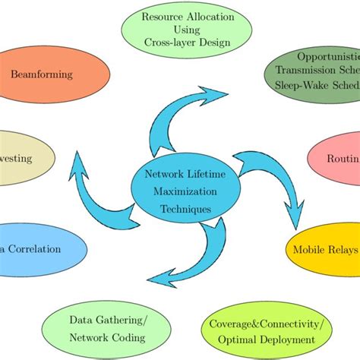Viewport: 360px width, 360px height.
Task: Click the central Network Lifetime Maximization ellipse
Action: click(179, 191)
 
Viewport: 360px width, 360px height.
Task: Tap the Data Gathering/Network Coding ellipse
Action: click(108, 329)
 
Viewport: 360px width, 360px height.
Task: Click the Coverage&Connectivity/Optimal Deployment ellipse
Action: click(269, 331)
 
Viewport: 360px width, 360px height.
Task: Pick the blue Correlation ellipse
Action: click(38, 248)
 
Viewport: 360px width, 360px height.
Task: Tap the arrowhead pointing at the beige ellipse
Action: click(77, 159)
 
